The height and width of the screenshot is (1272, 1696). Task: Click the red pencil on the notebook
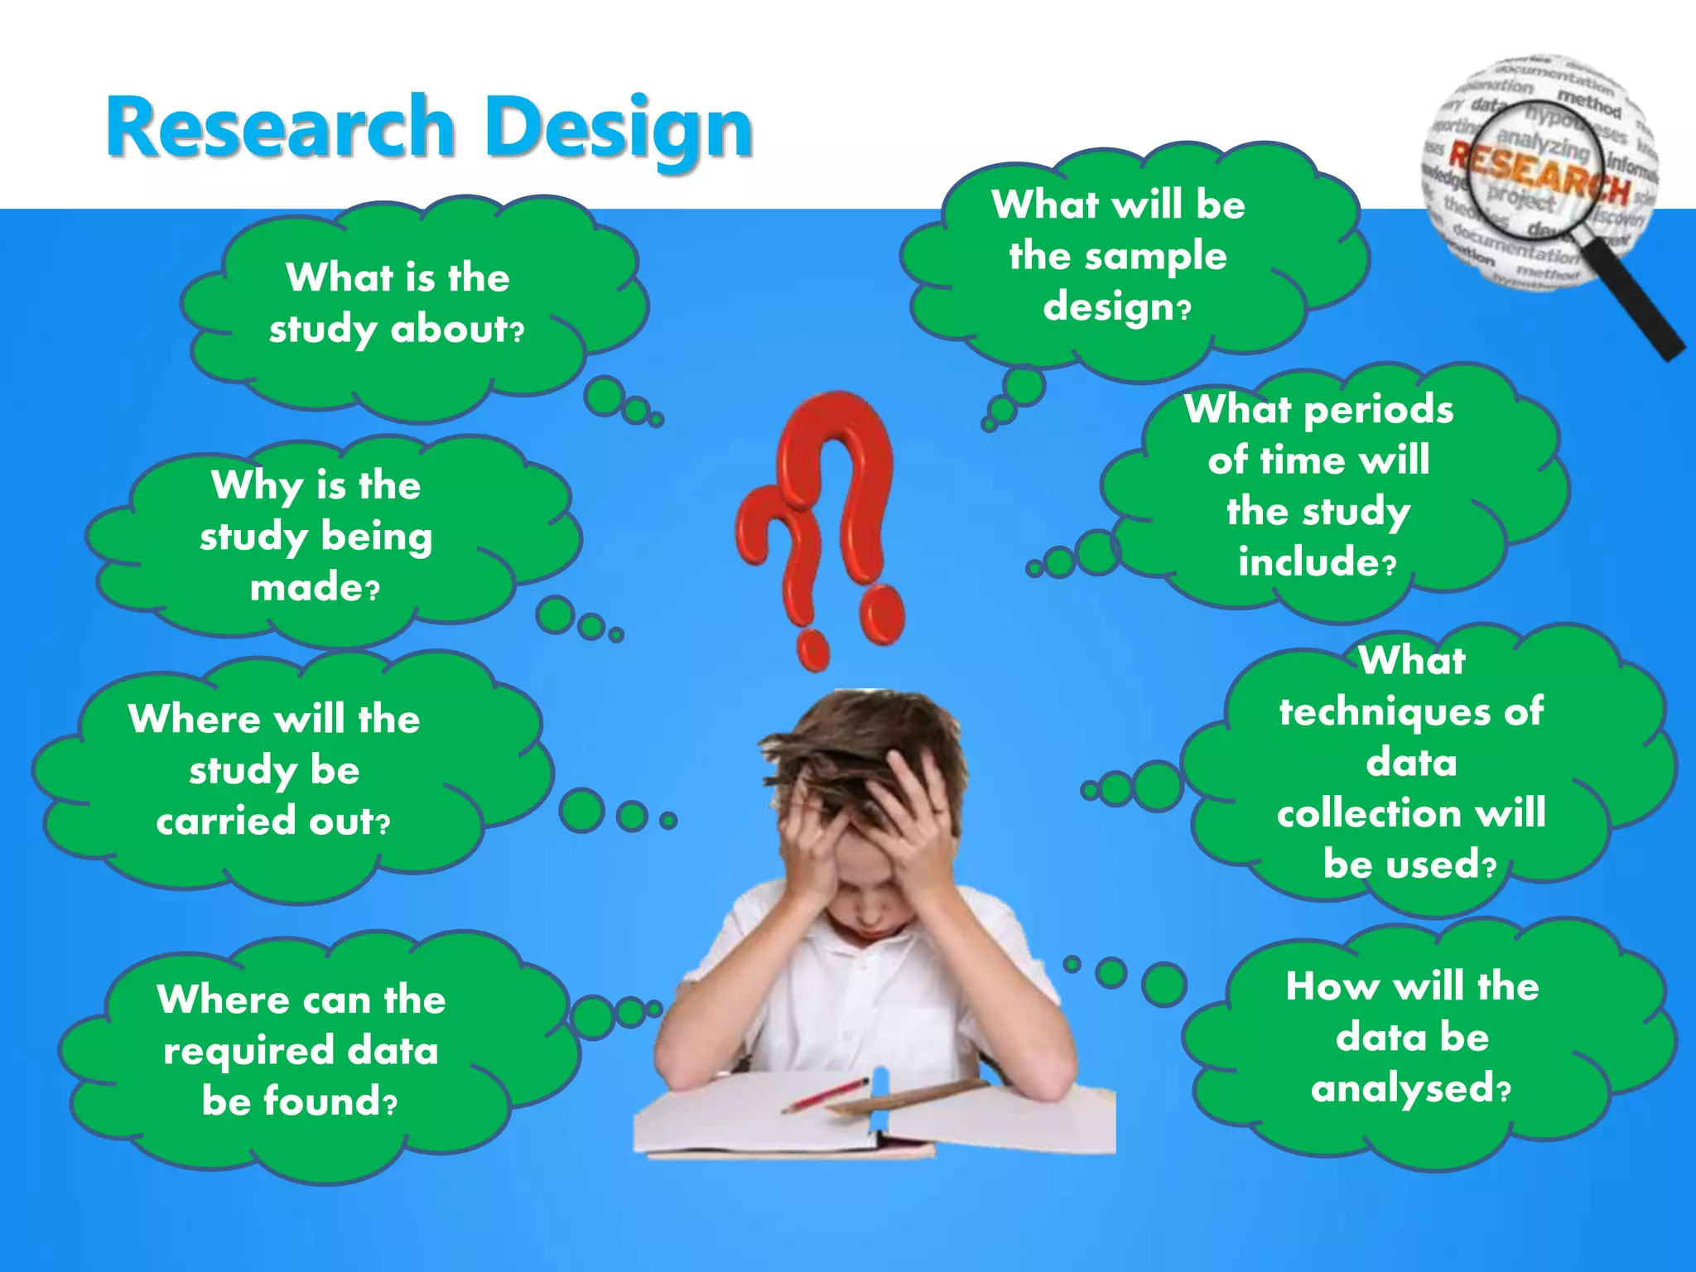[x=824, y=1095]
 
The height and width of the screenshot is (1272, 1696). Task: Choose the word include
[x=1308, y=562]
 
